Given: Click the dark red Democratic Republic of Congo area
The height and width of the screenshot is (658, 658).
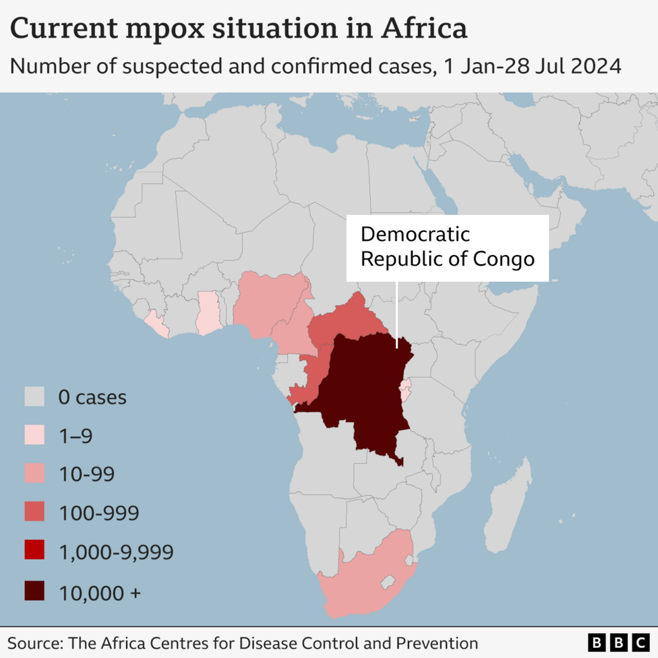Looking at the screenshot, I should [361, 398].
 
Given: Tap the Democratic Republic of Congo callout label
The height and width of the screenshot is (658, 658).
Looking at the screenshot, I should [447, 247].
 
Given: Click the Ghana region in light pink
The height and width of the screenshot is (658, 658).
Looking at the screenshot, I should [208, 313].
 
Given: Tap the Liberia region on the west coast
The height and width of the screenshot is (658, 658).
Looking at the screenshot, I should [157, 324].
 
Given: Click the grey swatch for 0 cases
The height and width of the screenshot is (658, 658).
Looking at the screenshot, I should [34, 397].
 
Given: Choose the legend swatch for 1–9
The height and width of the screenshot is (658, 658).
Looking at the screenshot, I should [34, 436].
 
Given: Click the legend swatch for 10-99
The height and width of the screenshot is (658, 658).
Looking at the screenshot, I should [34, 474].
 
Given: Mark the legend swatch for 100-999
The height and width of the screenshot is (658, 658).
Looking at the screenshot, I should [34, 513].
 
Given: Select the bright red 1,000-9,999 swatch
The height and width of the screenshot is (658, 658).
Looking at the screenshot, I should [34, 551].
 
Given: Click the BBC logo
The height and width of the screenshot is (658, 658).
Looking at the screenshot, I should [617, 642].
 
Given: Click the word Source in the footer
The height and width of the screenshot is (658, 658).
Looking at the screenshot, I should [34, 643].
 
